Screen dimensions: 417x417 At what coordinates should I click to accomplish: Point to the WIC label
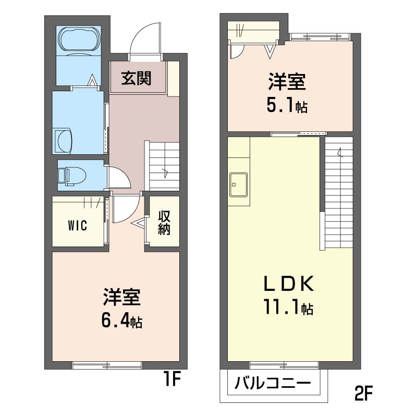77,226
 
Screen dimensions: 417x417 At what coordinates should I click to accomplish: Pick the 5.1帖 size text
287,106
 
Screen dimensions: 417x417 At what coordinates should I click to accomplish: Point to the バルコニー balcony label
272,385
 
